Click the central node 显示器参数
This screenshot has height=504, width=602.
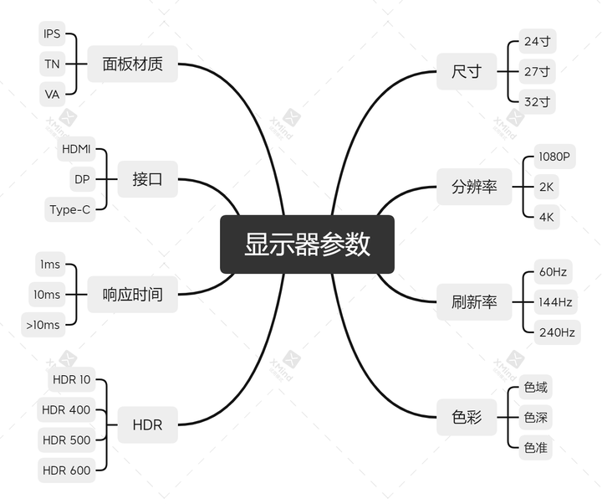(x=307, y=244)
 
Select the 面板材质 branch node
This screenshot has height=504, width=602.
(x=132, y=64)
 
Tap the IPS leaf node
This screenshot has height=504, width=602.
(x=52, y=33)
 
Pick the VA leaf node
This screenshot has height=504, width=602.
(x=52, y=95)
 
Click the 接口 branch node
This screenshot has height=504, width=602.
(x=147, y=179)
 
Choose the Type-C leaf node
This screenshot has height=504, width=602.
(x=70, y=209)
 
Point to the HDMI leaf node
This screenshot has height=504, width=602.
(x=76, y=149)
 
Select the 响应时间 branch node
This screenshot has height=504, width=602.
(x=132, y=295)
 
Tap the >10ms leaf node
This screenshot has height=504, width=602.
(x=43, y=325)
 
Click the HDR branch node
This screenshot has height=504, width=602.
(x=147, y=424)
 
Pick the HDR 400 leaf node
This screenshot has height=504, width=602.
(x=66, y=409)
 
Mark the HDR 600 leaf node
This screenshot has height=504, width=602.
(x=66, y=471)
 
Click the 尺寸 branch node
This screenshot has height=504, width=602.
(x=467, y=71)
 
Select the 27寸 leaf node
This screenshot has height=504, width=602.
(x=537, y=71)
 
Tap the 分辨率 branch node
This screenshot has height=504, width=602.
(x=474, y=187)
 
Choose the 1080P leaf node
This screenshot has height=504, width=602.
(x=555, y=157)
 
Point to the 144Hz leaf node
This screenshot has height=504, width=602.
(x=555, y=302)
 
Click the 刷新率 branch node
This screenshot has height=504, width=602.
(x=474, y=302)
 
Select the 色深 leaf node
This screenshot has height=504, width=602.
(x=536, y=417)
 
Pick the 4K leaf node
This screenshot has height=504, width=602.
(x=546, y=217)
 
